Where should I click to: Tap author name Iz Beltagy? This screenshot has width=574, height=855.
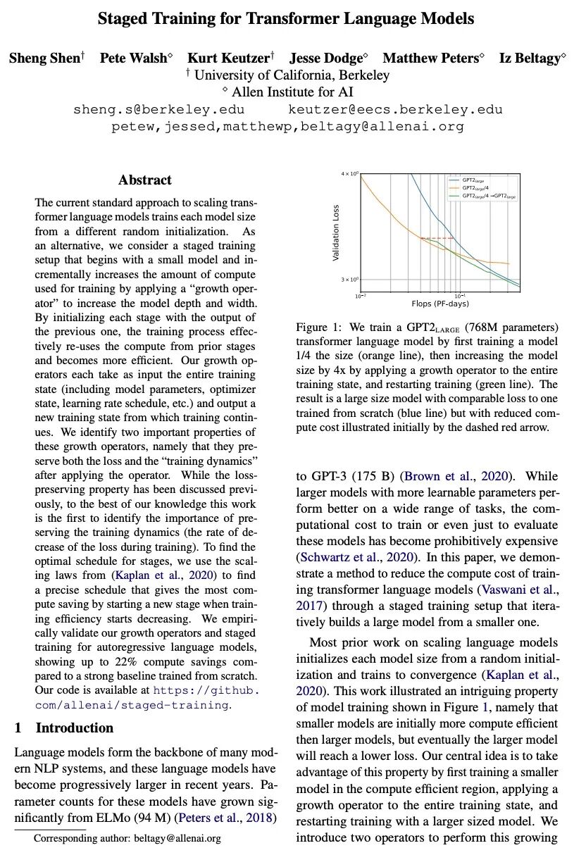pyautogui.click(x=530, y=58)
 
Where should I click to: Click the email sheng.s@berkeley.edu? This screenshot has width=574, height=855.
pyautogui.click(x=158, y=110)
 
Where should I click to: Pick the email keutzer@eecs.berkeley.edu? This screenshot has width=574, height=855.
pyautogui.click(x=395, y=110)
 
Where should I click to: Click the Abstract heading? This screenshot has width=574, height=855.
pyautogui.click(x=145, y=180)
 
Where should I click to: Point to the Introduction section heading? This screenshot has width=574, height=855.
pyautogui.click(x=74, y=728)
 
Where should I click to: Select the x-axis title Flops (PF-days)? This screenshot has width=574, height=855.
pyautogui.click(x=440, y=304)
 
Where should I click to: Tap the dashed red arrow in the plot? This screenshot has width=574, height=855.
pyautogui.click(x=437, y=239)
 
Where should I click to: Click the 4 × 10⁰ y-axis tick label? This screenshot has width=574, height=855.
pyautogui.click(x=349, y=173)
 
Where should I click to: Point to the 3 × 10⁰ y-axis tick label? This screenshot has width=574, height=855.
pyautogui.click(x=349, y=280)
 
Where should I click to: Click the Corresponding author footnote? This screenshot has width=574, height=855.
pyautogui.click(x=127, y=838)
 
